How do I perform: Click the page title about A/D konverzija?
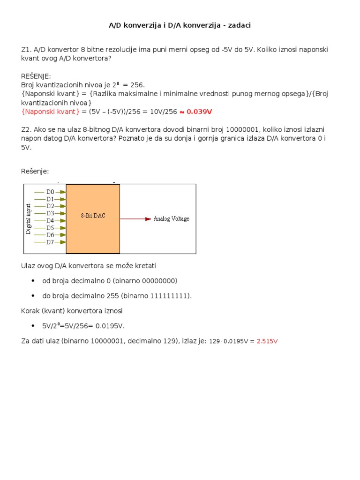coord(180,25)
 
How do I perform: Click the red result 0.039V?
coord(200,112)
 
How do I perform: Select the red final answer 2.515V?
coord(267,341)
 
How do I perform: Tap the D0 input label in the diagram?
coord(50,192)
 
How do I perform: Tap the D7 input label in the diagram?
coord(50,242)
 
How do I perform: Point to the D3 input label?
coord(50,213)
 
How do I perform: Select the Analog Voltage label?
coord(172,219)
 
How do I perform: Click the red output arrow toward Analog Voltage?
coord(136,219)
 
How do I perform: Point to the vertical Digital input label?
coord(29,218)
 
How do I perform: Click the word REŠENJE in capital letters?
coord(36,76)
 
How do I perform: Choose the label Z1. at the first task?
coord(26,49)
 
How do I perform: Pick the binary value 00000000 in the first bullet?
coord(157,281)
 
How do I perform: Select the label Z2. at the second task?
coord(26,129)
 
